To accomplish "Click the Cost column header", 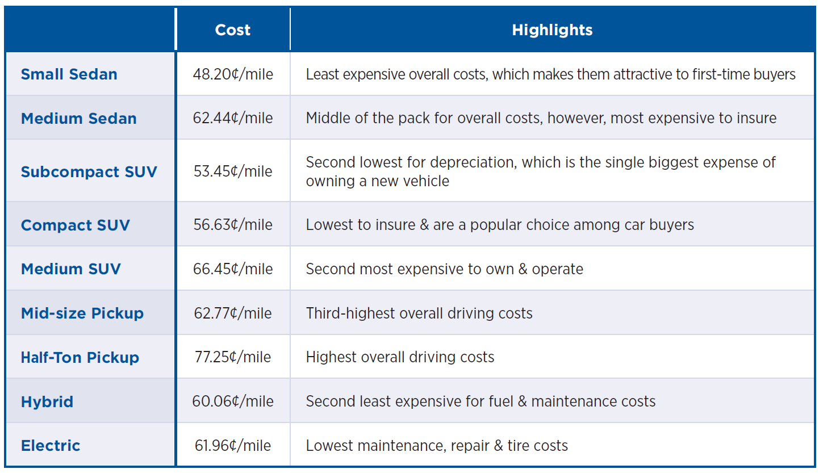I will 232,30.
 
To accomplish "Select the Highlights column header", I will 552,30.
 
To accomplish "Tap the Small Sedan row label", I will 69,74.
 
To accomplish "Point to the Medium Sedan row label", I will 79,119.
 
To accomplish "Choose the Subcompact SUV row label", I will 89,172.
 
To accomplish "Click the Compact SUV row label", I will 76,225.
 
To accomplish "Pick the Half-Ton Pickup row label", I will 80,358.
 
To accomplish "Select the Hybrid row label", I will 47,402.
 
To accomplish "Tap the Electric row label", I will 51,446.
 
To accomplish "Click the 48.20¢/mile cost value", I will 233,74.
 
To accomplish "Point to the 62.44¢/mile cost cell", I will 233,118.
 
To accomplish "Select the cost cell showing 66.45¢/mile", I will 233,269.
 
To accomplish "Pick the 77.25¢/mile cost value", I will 233,357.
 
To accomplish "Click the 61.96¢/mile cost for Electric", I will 233,446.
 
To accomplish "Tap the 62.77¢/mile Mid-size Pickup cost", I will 233,313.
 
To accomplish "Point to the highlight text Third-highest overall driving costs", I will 419,313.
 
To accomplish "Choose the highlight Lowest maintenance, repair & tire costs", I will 437,446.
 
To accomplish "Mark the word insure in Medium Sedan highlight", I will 753,118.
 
